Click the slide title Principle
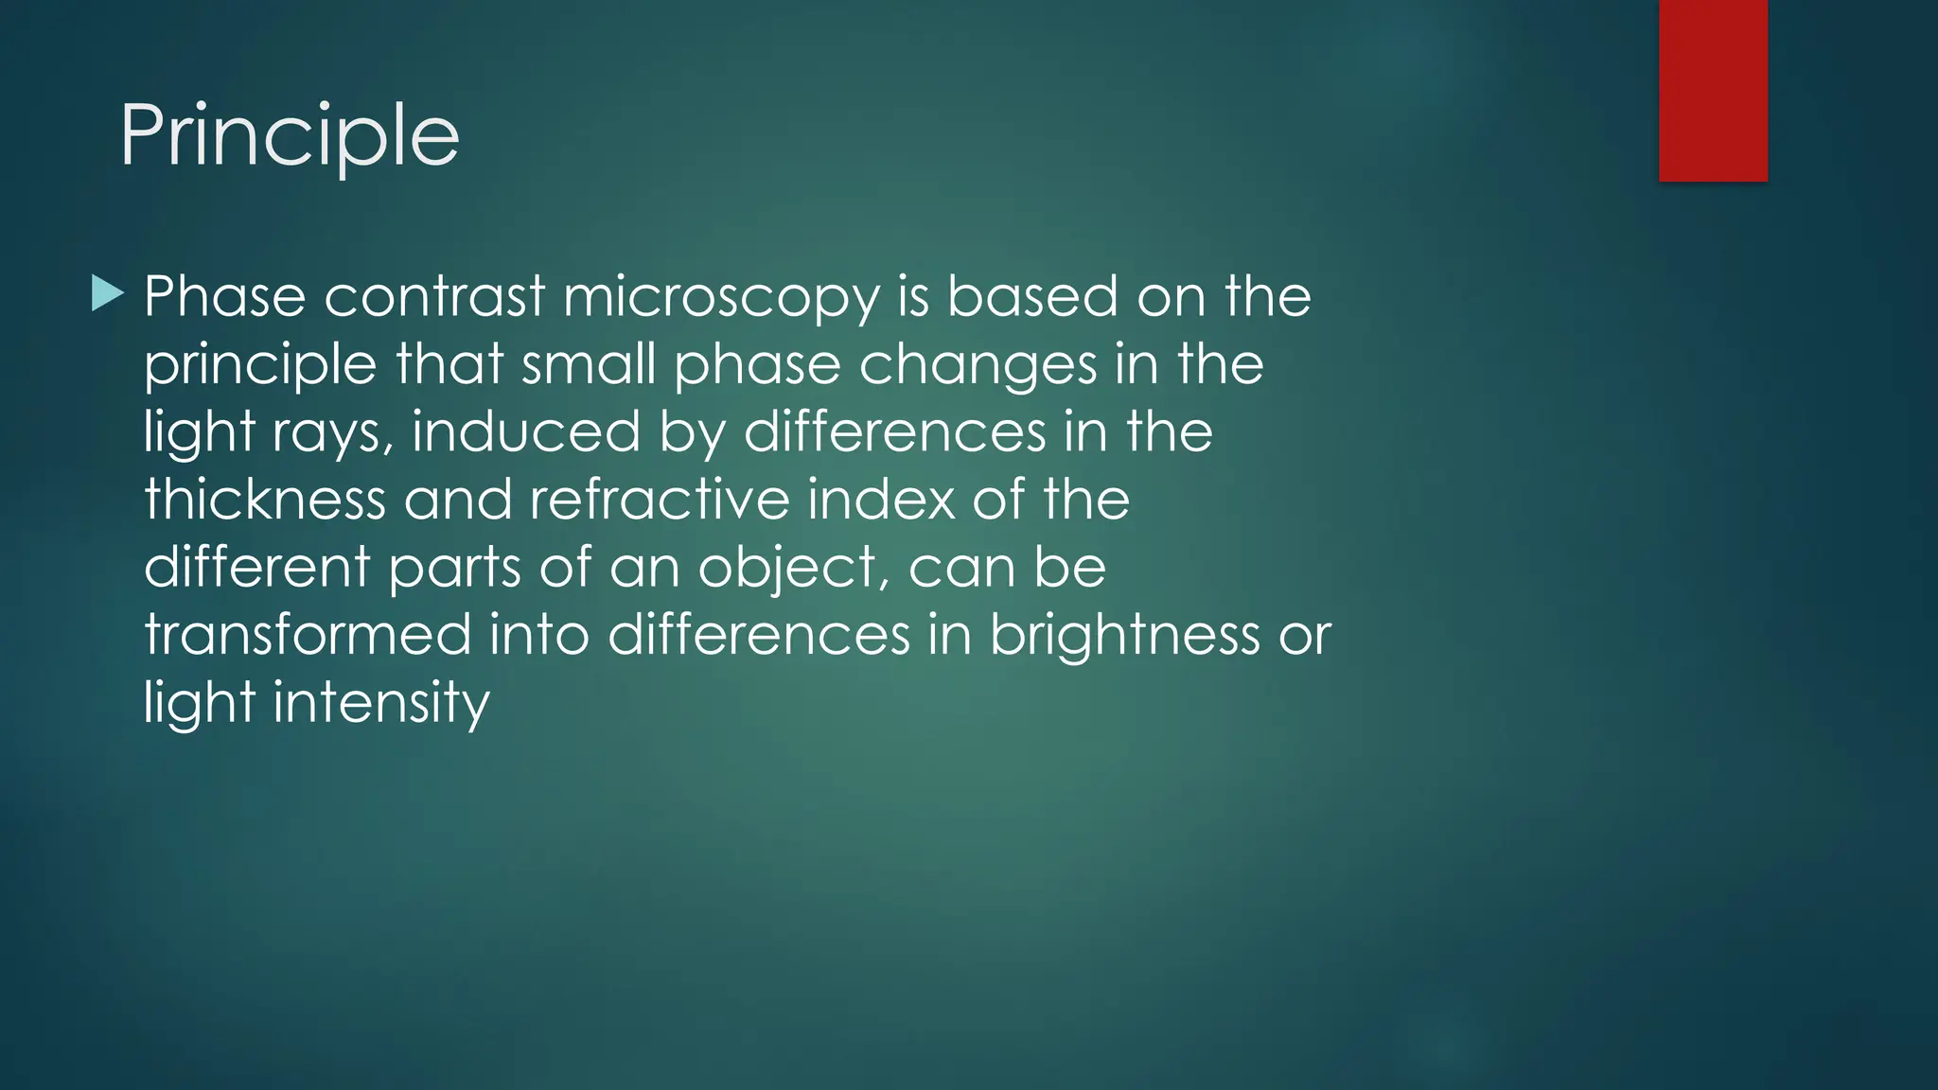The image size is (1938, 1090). click(x=290, y=136)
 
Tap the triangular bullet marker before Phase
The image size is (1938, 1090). click(x=108, y=294)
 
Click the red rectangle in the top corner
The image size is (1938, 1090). click(x=1713, y=90)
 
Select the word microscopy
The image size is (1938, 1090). click(x=721, y=297)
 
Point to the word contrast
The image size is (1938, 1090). click(x=435, y=296)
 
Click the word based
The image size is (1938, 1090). click(x=1033, y=296)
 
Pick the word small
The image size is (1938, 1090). click(x=589, y=364)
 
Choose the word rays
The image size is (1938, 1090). click(x=333, y=433)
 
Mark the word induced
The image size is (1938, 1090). click(x=526, y=431)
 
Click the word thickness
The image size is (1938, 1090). click(x=265, y=499)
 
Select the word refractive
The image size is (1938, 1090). click(x=660, y=499)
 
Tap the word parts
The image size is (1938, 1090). click(x=455, y=568)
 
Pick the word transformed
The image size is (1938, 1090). click(x=308, y=634)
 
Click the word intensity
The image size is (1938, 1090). click(x=381, y=703)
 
